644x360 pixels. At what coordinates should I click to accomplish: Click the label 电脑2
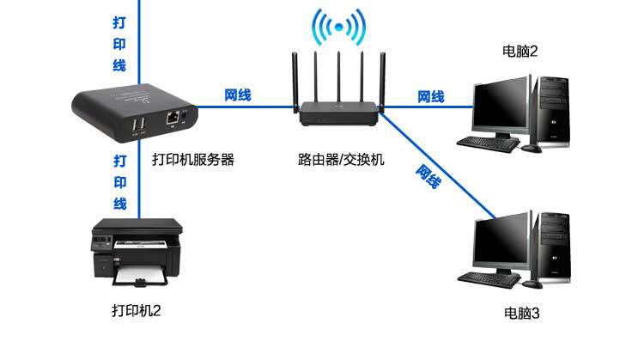519,52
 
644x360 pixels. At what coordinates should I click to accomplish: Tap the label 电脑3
521,313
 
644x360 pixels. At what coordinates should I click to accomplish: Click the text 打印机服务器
193,159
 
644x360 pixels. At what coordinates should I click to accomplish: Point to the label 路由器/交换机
341,159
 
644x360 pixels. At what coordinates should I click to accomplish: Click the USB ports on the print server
137,126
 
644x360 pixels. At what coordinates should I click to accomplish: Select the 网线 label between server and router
238,94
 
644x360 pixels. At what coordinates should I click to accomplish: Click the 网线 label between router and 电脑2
431,96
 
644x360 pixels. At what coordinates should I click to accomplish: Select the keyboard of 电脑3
489,278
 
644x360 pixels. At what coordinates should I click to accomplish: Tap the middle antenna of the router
339,77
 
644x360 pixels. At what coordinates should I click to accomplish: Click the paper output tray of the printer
137,277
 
